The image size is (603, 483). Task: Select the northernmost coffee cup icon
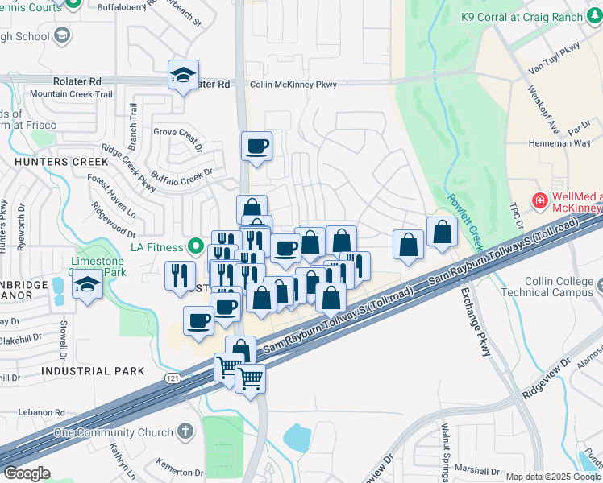pyautogui.click(x=256, y=147)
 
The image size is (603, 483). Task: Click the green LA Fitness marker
pyautogui.click(x=194, y=246)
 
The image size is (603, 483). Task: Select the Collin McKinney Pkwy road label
pyautogui.click(x=293, y=84)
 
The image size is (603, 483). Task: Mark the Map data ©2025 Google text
pyautogui.click(x=552, y=477)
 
